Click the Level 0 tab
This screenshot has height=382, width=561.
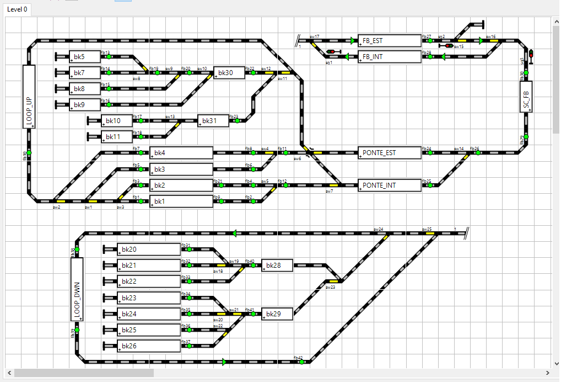pos(17,9)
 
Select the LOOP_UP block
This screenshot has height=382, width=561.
pos(29,97)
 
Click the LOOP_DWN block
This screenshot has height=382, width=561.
pos(77,289)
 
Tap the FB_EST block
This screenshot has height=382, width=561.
pos(389,41)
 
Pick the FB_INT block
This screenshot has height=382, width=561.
pos(389,56)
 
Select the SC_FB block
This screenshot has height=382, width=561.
pos(526,97)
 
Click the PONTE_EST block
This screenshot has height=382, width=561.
pos(389,153)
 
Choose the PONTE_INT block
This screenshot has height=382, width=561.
pos(389,185)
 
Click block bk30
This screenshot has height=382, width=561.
pos(229,73)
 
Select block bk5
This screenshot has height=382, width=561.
pos(85,57)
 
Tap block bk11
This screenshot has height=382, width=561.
pos(117,137)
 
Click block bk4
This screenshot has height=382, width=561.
pos(181,153)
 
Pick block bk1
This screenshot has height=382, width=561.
pos(181,201)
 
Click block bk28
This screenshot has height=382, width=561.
pos(277,266)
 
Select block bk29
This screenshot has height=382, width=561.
pos(277,314)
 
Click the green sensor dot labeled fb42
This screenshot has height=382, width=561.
pos(301,362)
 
